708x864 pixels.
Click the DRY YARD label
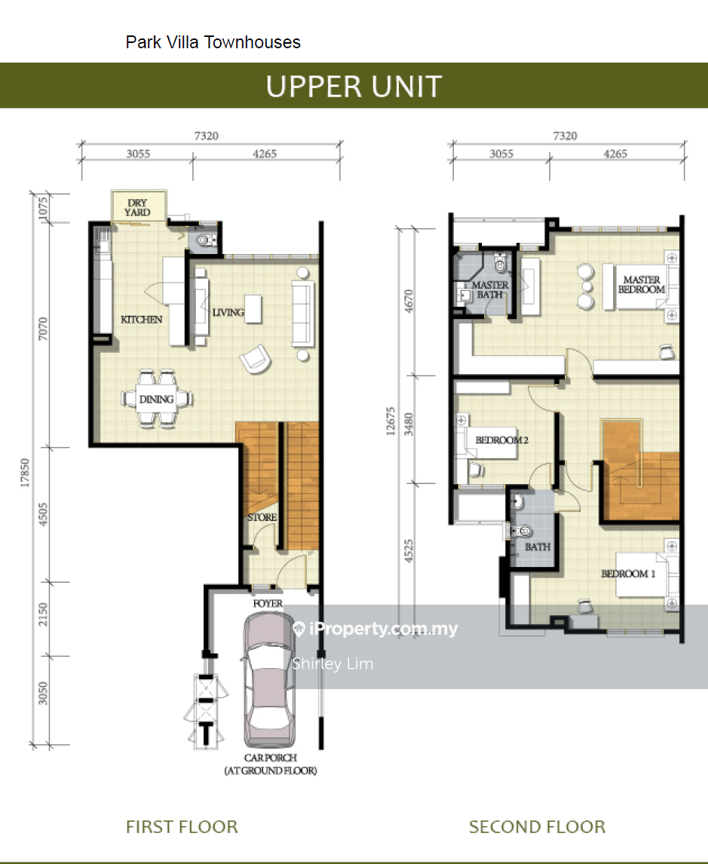click(137, 208)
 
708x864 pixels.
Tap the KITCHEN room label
click(142, 320)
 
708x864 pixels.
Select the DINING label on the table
click(157, 399)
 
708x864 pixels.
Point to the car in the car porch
click(269, 680)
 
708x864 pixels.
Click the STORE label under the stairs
click(262, 517)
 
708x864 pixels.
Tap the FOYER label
click(268, 603)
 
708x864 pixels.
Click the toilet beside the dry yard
click(206, 241)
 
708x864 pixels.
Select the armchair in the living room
click(255, 359)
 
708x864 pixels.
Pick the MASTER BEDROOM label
click(642, 284)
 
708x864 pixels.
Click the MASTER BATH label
click(490, 290)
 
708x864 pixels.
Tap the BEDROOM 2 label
click(502, 440)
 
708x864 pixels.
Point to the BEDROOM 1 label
click(628, 574)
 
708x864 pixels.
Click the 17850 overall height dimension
click(25, 473)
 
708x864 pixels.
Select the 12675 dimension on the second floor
click(391, 421)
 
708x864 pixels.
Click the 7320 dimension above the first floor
click(206, 136)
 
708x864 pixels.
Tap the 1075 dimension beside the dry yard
click(43, 208)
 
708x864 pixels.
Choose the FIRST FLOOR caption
click(182, 826)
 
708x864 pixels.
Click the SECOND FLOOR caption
click(537, 826)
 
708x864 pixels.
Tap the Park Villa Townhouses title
click(213, 42)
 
